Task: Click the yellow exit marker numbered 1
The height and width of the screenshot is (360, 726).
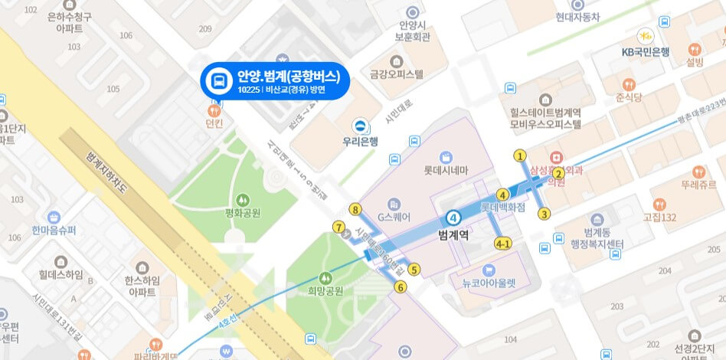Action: (521, 155)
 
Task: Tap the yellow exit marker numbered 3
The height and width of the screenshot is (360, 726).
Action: (544, 214)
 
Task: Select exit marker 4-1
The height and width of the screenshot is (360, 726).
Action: (503, 244)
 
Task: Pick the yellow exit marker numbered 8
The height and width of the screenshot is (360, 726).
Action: (355, 208)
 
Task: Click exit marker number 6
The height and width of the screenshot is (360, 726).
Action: (400, 287)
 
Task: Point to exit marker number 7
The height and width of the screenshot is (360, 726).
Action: (338, 227)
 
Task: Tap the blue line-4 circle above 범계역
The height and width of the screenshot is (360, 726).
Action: (454, 217)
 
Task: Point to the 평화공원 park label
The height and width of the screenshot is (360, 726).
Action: (244, 212)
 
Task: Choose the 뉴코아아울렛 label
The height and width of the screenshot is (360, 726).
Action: (489, 282)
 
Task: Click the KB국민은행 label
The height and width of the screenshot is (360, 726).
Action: (646, 52)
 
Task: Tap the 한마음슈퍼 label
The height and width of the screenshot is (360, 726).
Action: (54, 231)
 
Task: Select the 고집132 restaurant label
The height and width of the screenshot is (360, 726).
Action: (659, 218)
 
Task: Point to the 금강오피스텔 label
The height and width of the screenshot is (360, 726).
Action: (396, 74)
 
